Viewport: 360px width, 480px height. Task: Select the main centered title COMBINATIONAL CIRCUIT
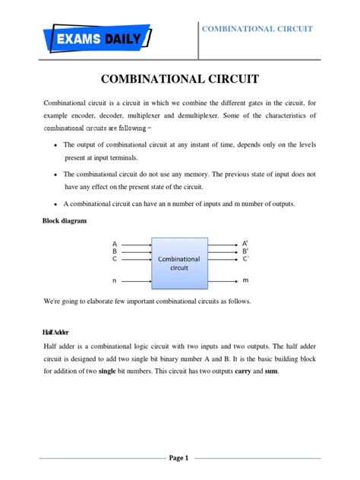pos(180,79)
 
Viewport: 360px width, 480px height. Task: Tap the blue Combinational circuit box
pos(179,262)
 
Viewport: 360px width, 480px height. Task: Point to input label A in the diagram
pos(115,243)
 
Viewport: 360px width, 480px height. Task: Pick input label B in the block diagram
pos(115,251)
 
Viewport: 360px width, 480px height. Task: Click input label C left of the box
pos(115,259)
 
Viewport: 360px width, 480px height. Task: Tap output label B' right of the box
pos(244,251)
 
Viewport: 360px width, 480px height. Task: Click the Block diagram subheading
pos(65,220)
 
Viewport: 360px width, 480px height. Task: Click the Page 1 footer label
pos(179,458)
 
